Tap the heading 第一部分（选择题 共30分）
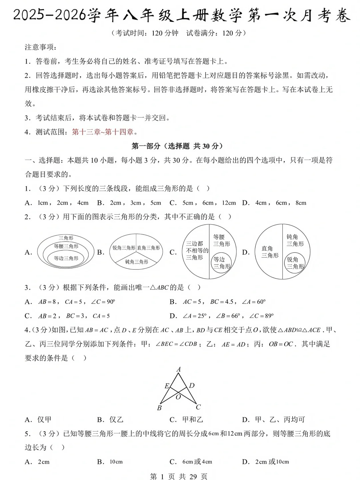click(x=177, y=146)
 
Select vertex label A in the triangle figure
click(x=179, y=369)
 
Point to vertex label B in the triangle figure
click(x=159, y=408)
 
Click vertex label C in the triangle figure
click(x=198, y=407)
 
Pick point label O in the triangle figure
click(x=178, y=397)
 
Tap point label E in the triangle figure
click(x=167, y=386)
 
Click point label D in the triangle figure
click(x=192, y=386)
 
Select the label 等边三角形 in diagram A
click(x=66, y=258)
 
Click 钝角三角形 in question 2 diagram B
click(x=136, y=262)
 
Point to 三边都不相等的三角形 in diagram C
click(x=197, y=251)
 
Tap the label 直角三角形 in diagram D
click(x=269, y=252)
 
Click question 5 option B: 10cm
click(x=115, y=462)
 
